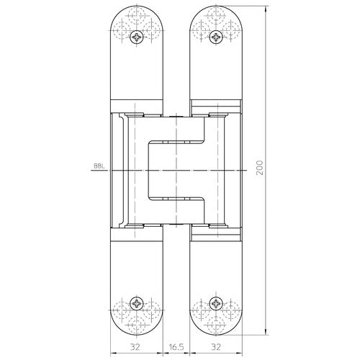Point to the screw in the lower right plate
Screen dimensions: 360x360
click(x=216, y=304)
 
